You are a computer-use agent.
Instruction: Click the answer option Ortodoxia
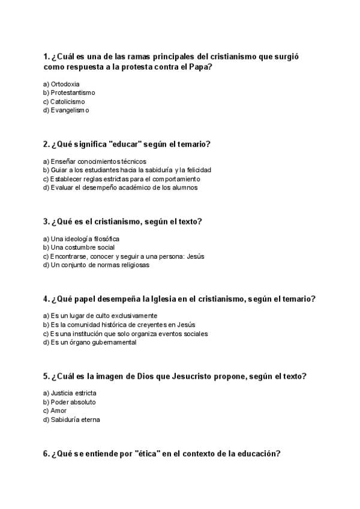[x=65, y=84]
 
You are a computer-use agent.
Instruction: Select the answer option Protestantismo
[x=73, y=93]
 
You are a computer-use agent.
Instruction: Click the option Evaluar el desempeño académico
[x=120, y=187]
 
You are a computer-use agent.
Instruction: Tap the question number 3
[x=46, y=221]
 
